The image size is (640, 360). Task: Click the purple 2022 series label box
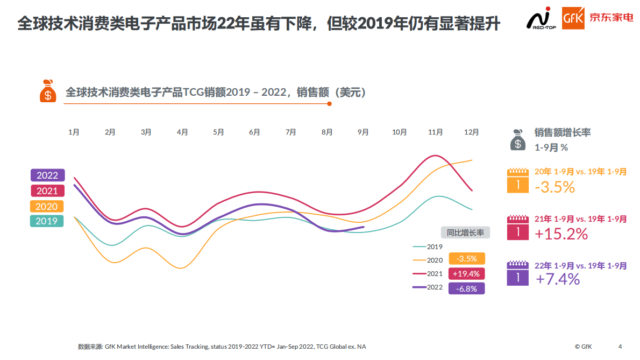pyautogui.click(x=47, y=175)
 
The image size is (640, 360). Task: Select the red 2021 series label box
pyautogui.click(x=47, y=191)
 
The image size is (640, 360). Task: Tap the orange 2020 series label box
pyautogui.click(x=47, y=206)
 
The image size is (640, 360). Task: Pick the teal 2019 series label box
pyautogui.click(x=47, y=221)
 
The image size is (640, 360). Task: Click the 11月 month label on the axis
pyautogui.click(x=436, y=132)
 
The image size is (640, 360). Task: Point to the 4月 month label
pyautogui.click(x=182, y=132)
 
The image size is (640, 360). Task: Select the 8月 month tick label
pyautogui.click(x=327, y=132)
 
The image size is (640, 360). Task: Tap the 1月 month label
pyautogui.click(x=74, y=132)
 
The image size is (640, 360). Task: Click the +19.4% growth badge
pyautogui.click(x=466, y=273)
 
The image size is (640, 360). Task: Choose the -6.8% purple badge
pyautogui.click(x=466, y=288)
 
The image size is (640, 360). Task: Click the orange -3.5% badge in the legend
pyautogui.click(x=466, y=259)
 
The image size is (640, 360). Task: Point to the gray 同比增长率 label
pyautogui.click(x=465, y=232)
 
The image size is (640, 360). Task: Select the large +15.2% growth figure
pyautogui.click(x=561, y=234)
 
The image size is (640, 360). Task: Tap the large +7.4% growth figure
pyautogui.click(x=558, y=279)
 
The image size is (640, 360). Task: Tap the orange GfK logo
pyautogui.click(x=572, y=18)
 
